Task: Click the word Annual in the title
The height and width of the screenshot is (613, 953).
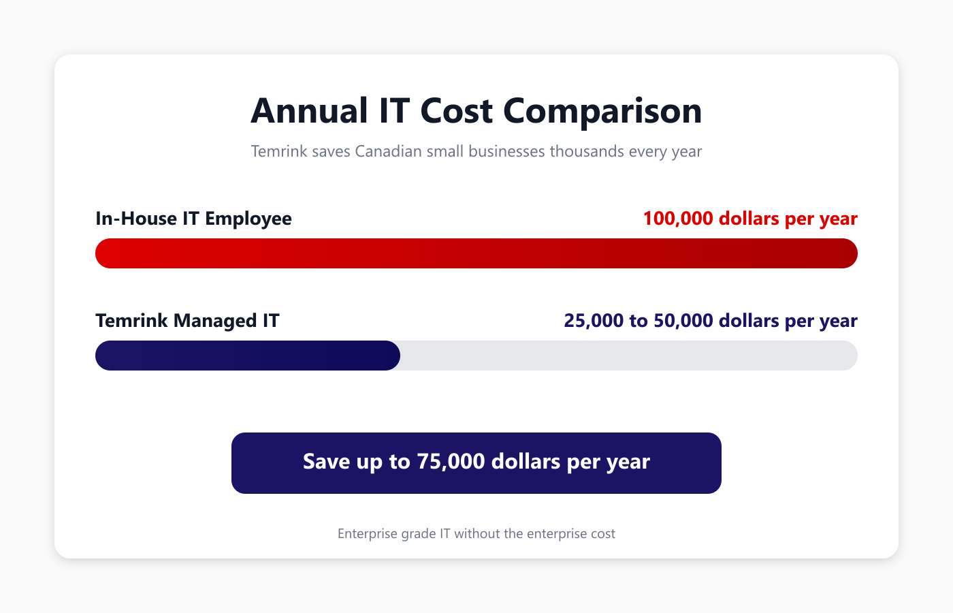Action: coord(310,111)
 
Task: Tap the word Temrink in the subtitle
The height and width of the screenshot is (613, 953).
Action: coord(279,151)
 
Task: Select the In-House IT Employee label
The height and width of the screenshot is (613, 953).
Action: coord(193,219)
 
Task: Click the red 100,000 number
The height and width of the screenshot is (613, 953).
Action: coord(678,219)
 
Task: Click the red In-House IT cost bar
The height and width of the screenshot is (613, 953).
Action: coord(476,253)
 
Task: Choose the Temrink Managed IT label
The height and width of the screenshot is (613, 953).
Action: coord(187,321)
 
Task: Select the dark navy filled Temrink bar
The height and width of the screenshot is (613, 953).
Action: coord(247,356)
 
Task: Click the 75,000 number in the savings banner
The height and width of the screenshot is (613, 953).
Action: coord(451,462)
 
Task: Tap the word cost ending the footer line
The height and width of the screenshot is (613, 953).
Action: coord(602,534)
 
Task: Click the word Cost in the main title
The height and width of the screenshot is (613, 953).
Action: coord(456,111)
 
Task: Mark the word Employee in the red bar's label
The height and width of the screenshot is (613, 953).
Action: coord(248,219)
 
